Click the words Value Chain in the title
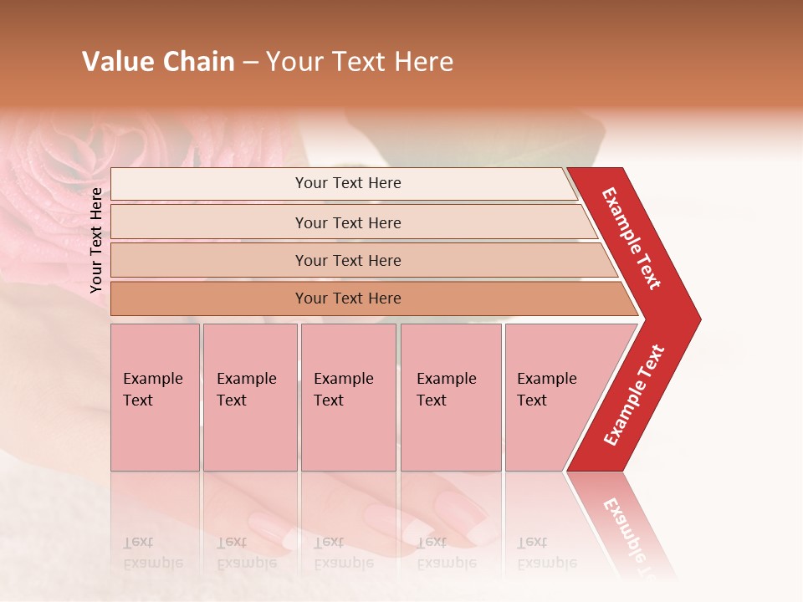[x=158, y=62]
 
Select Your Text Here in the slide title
[x=360, y=62]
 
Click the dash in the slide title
[x=250, y=63]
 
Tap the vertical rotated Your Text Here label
[x=96, y=240]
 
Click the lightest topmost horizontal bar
[x=348, y=183]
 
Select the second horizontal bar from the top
[x=348, y=222]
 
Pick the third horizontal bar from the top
[x=348, y=260]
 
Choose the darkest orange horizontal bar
[x=348, y=298]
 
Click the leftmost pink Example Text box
[x=155, y=397]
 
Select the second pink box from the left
[x=250, y=397]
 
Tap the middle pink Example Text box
[x=348, y=397]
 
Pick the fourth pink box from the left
[x=451, y=397]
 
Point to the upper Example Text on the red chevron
[x=632, y=238]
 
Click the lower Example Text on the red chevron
[x=634, y=395]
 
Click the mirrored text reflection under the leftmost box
[x=153, y=553]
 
